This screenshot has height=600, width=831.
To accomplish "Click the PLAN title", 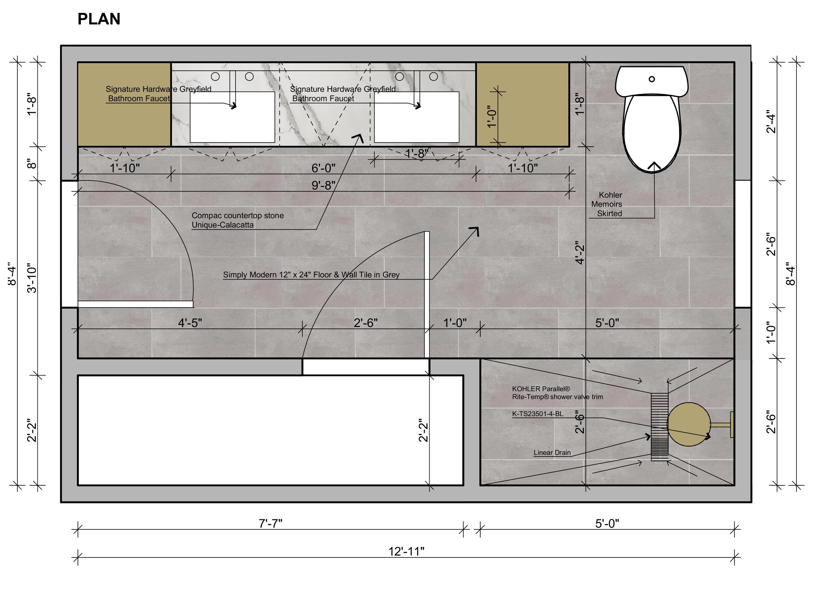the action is (x=99, y=19).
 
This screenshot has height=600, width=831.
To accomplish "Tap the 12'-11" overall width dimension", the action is (x=406, y=551).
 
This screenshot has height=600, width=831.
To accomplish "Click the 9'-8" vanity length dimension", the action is (x=324, y=185).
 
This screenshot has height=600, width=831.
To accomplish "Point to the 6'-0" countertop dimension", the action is (x=324, y=168).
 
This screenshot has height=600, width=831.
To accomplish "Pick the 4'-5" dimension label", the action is (x=190, y=323).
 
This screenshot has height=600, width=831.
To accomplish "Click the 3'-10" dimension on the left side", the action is (x=32, y=278).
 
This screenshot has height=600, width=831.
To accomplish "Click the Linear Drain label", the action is (x=552, y=452).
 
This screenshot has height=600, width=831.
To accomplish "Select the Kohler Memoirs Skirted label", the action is (x=607, y=204).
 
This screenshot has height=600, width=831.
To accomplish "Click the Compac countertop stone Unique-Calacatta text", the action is (x=237, y=220).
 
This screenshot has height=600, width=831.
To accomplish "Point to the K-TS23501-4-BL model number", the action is (x=537, y=414).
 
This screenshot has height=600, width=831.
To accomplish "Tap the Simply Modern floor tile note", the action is (x=311, y=275).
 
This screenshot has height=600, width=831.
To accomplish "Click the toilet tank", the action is (x=652, y=81).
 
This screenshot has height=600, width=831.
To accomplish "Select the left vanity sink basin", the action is (x=232, y=117).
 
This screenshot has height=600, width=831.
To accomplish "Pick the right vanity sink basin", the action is (x=417, y=117).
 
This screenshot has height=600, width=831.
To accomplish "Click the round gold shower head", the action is (x=689, y=424).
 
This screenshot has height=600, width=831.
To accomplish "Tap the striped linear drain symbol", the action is (x=660, y=427).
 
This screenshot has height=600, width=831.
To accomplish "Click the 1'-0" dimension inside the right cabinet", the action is (x=492, y=117).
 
